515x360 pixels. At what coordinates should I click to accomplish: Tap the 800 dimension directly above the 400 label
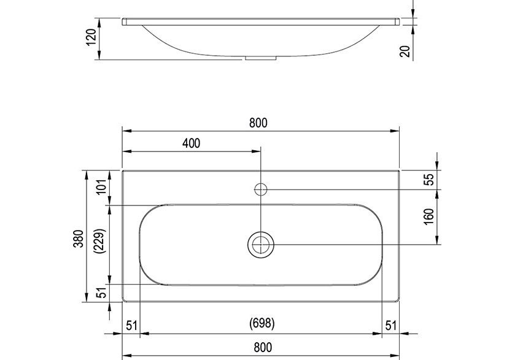(258, 123)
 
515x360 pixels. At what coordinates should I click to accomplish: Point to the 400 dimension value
(191, 144)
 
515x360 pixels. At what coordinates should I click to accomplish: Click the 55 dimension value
(429, 179)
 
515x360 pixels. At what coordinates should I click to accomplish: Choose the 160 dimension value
(429, 216)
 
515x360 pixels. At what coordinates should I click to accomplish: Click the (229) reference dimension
(102, 245)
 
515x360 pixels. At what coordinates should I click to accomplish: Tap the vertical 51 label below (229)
(102, 293)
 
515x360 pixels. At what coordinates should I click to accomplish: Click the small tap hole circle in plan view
(261, 188)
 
